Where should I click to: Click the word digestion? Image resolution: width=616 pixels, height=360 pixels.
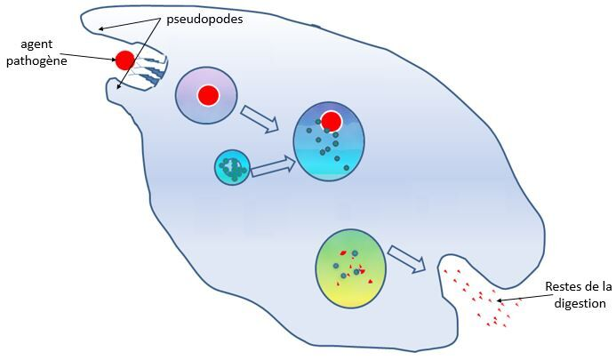click(x=578, y=303)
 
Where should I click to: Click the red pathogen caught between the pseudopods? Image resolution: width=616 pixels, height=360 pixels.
click(x=124, y=60)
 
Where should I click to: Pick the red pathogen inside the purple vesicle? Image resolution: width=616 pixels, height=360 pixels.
click(x=208, y=95)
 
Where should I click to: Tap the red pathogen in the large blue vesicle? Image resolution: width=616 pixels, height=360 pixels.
click(x=332, y=121)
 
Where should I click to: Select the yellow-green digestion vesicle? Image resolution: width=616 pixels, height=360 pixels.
click(x=351, y=268)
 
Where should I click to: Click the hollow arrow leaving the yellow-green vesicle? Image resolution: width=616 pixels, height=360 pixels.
click(x=408, y=259)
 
